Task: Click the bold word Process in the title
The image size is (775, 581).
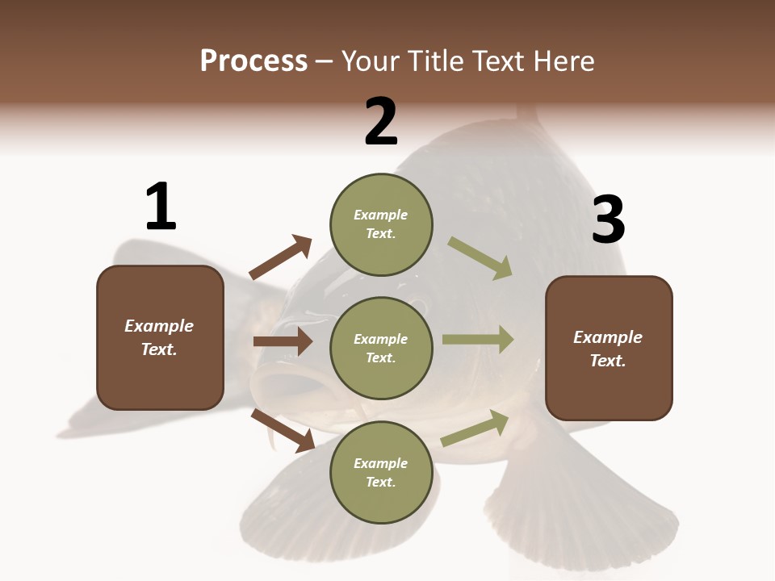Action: [x=253, y=61]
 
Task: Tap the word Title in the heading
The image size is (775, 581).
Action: [x=432, y=61]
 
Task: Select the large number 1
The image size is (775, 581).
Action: [x=160, y=207]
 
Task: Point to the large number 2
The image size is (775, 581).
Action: [x=381, y=123]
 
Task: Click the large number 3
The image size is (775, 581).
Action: [x=608, y=221]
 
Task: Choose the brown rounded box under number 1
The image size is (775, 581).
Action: [x=160, y=337]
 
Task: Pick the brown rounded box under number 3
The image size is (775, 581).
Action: [x=609, y=348]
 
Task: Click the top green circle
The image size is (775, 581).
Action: [x=381, y=224]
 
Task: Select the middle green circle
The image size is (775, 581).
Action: [x=381, y=348]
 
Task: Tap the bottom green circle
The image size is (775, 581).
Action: [x=381, y=472]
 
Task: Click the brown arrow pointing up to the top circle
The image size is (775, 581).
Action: [x=280, y=257]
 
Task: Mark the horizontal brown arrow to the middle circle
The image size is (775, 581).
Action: [x=283, y=341]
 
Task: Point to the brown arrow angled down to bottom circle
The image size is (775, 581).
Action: [x=283, y=430]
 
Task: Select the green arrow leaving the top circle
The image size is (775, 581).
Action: [x=480, y=258]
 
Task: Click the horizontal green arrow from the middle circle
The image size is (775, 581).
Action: [x=478, y=340]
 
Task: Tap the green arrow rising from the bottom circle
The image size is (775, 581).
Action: [x=475, y=428]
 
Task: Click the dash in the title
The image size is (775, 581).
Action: [x=325, y=61]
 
